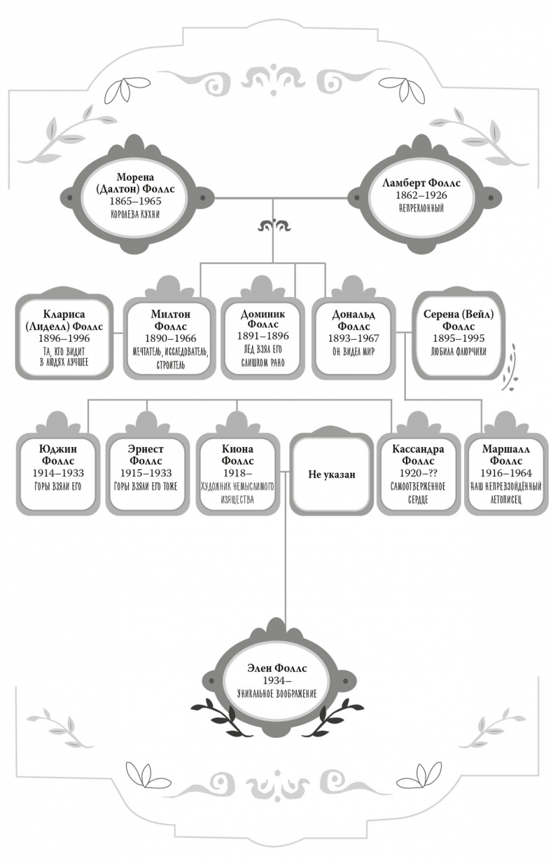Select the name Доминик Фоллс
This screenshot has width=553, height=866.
point(263,319)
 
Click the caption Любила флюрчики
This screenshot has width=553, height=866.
point(458,351)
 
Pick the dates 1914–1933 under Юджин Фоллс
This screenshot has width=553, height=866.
point(58,474)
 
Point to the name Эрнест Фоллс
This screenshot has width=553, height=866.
point(147,455)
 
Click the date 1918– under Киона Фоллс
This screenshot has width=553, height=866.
point(237,474)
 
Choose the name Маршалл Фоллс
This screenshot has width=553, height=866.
point(511,455)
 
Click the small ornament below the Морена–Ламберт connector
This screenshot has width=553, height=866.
point(274,226)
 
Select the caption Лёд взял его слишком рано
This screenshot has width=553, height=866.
point(263,357)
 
